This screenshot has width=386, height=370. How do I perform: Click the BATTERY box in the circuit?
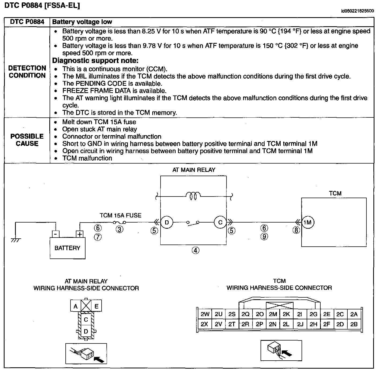pos(68,248)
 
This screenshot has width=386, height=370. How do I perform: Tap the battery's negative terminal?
pos(55,234)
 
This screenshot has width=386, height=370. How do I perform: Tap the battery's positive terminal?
pos(80,234)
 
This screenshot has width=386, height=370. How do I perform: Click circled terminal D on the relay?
pos(167,222)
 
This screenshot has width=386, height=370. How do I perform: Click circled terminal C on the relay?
pos(220,222)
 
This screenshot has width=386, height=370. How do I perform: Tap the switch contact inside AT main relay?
pos(193,223)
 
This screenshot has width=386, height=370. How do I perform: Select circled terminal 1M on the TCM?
pos(308,222)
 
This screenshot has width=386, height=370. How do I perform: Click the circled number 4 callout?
pos(195,250)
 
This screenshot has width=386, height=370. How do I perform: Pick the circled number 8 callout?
pos(296,230)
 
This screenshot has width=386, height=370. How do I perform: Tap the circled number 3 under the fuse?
pos(120,230)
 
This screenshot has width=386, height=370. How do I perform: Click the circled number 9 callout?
pos(264,236)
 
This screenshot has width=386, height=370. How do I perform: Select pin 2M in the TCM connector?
pos(273,314)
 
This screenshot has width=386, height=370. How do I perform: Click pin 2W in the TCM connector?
pos(205,314)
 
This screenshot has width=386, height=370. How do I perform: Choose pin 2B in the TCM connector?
pos(354,324)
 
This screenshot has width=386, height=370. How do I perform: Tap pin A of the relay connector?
pos(76,306)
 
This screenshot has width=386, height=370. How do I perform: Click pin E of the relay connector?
pos(96,306)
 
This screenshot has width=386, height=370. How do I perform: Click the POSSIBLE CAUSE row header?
pos(27,140)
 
